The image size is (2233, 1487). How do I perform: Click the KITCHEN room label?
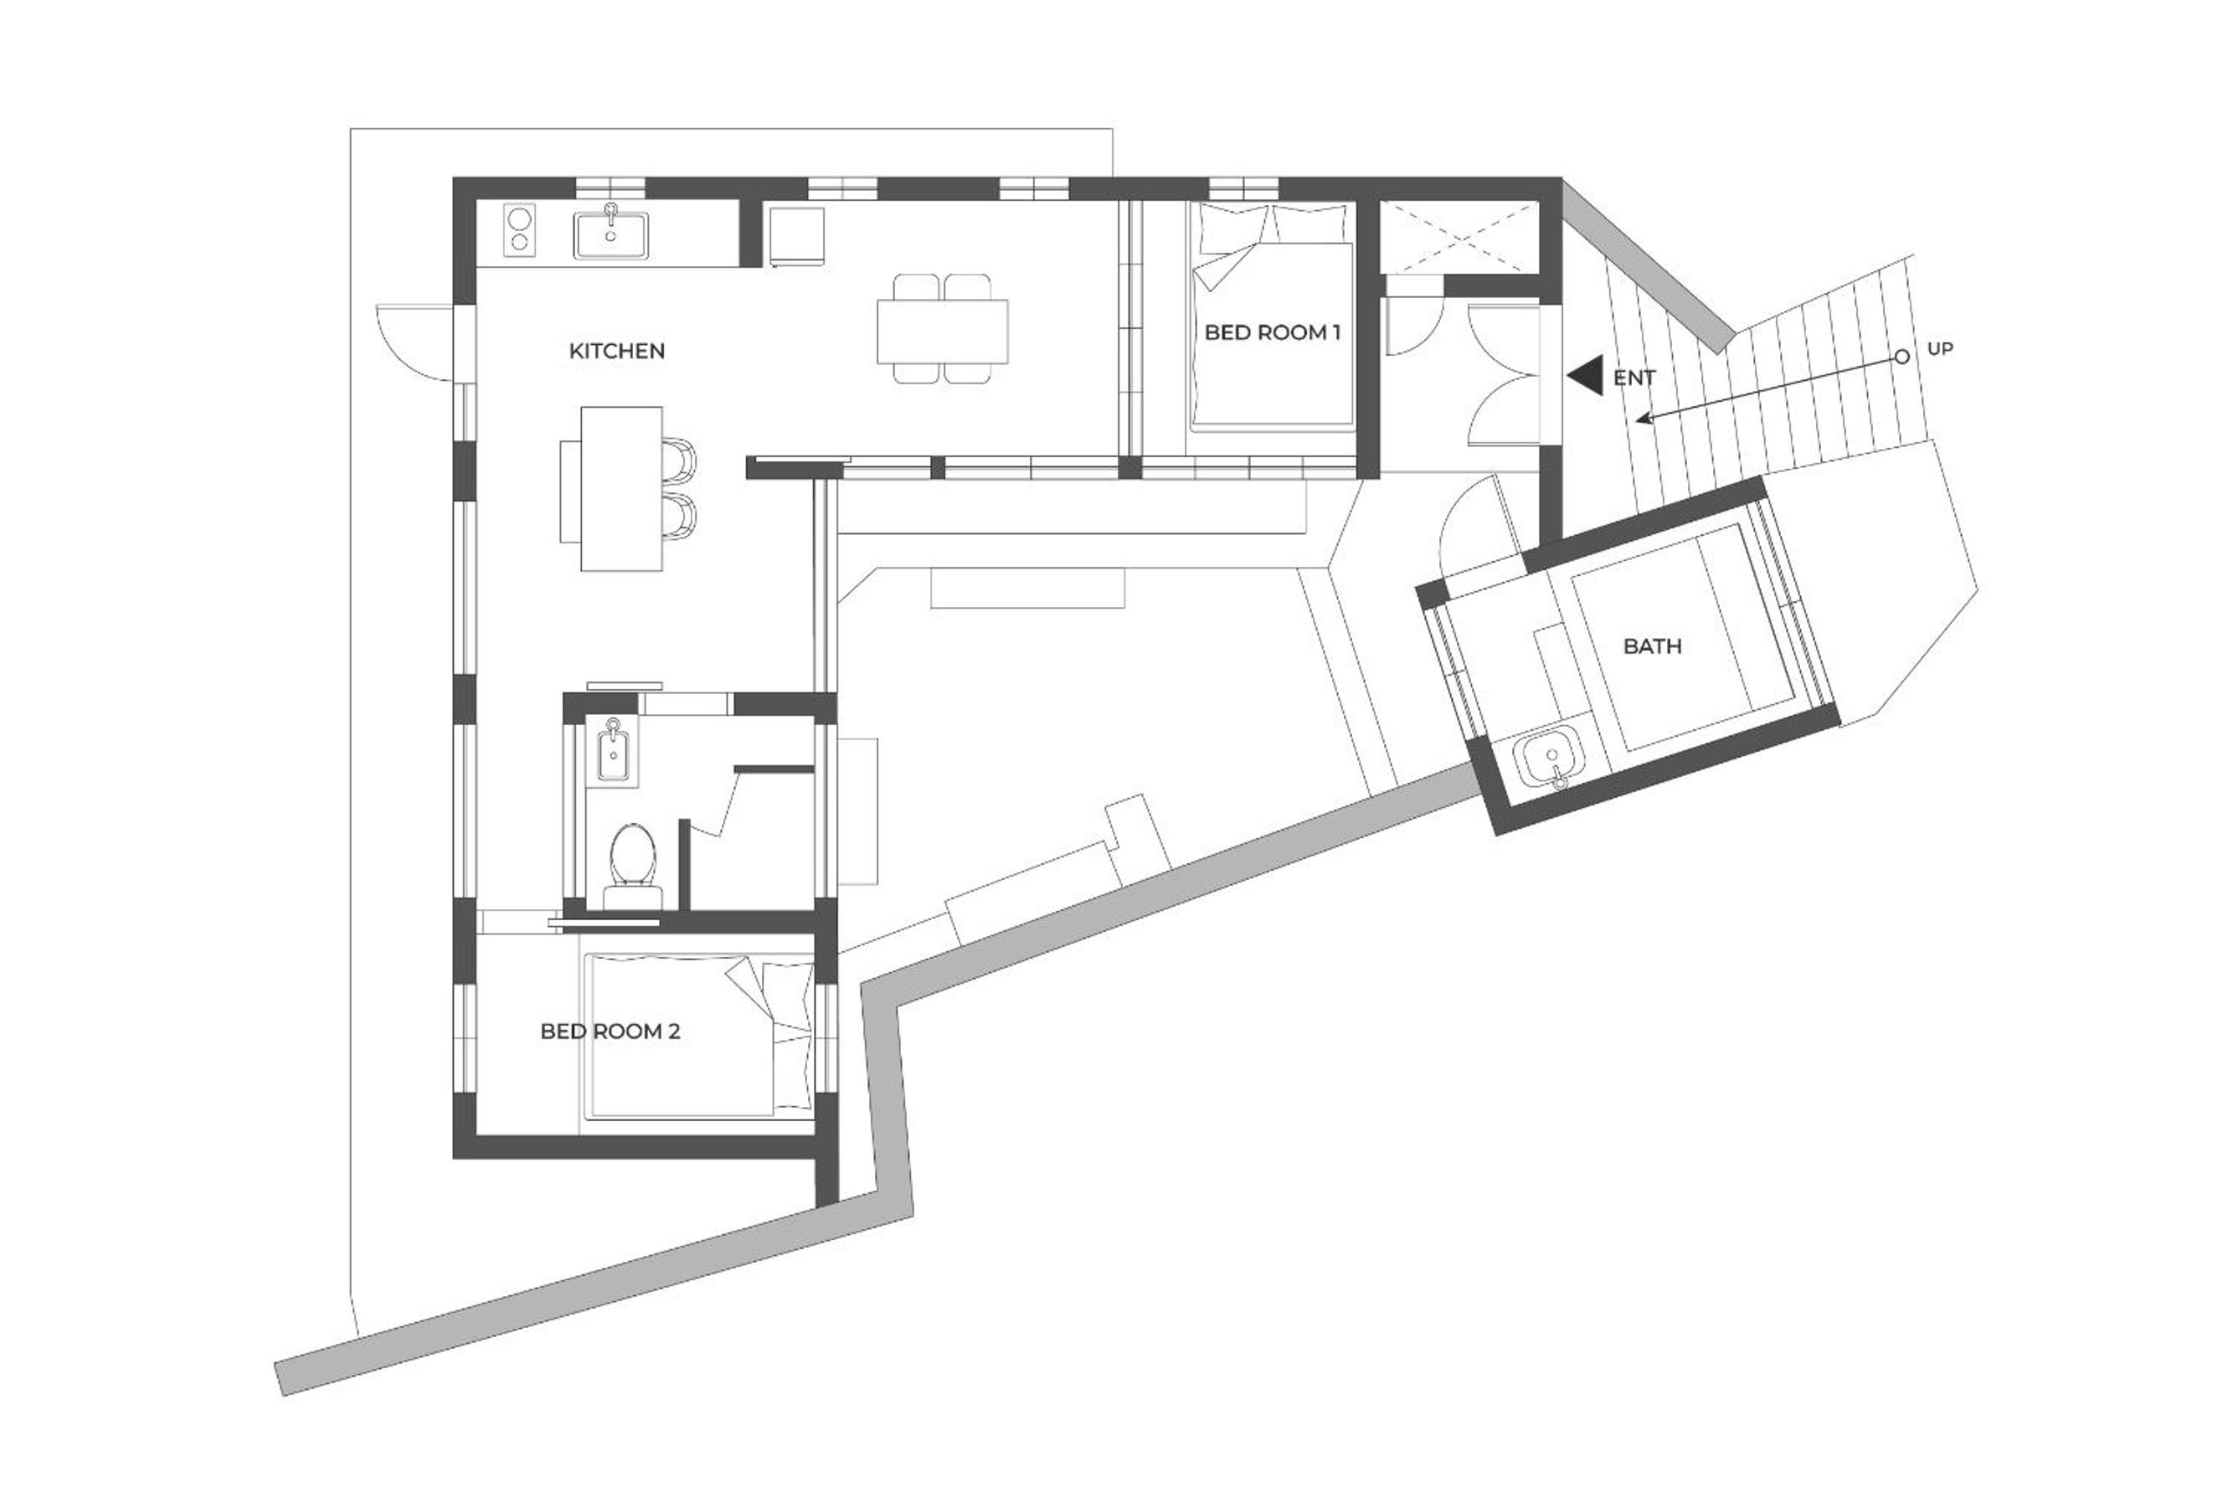pos(616,351)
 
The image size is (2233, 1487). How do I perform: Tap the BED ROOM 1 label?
pos(1273,333)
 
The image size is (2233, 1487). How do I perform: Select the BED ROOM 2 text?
pos(610,1031)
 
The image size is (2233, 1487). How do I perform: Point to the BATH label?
pos(1653,646)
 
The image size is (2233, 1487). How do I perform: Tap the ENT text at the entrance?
pos(1634,378)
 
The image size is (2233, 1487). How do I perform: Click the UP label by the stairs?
pos(1940,349)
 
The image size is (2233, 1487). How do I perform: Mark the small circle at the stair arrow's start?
pos(1901,357)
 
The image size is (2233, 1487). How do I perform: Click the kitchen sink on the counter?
pos(611,234)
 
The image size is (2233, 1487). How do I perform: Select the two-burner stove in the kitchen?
pos(518,230)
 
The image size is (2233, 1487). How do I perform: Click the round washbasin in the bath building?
pos(1547,760)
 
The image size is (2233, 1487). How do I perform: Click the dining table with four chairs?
pos(943,330)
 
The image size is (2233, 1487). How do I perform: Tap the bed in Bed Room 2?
pos(699,1036)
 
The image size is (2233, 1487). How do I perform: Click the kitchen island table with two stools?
pos(628,488)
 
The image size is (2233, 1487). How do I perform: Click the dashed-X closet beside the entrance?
pos(1458,236)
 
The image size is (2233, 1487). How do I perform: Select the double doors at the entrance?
pos(1502,374)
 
